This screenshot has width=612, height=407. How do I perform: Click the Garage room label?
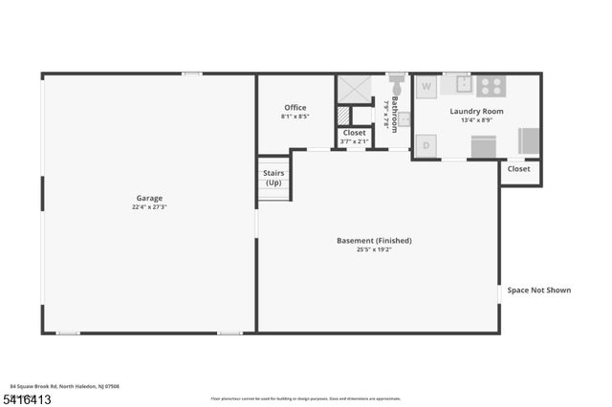click(148, 198)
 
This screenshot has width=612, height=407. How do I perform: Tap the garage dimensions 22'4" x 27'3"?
click(148, 207)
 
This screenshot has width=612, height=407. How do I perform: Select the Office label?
click(295, 107)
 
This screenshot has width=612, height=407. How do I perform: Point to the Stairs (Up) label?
click(273, 178)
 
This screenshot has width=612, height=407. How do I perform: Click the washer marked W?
click(426, 86)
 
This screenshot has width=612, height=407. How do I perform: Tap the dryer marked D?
click(426, 145)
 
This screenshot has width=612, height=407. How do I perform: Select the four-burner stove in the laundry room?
click(492, 84)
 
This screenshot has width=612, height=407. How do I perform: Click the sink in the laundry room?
click(462, 84)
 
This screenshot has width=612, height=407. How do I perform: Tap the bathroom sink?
click(404, 119)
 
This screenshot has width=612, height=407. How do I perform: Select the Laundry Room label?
click(476, 111)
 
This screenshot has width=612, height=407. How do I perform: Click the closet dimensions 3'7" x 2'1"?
click(354, 142)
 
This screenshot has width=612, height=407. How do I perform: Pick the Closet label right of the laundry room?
click(518, 169)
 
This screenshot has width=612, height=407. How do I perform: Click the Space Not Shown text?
click(538, 289)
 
